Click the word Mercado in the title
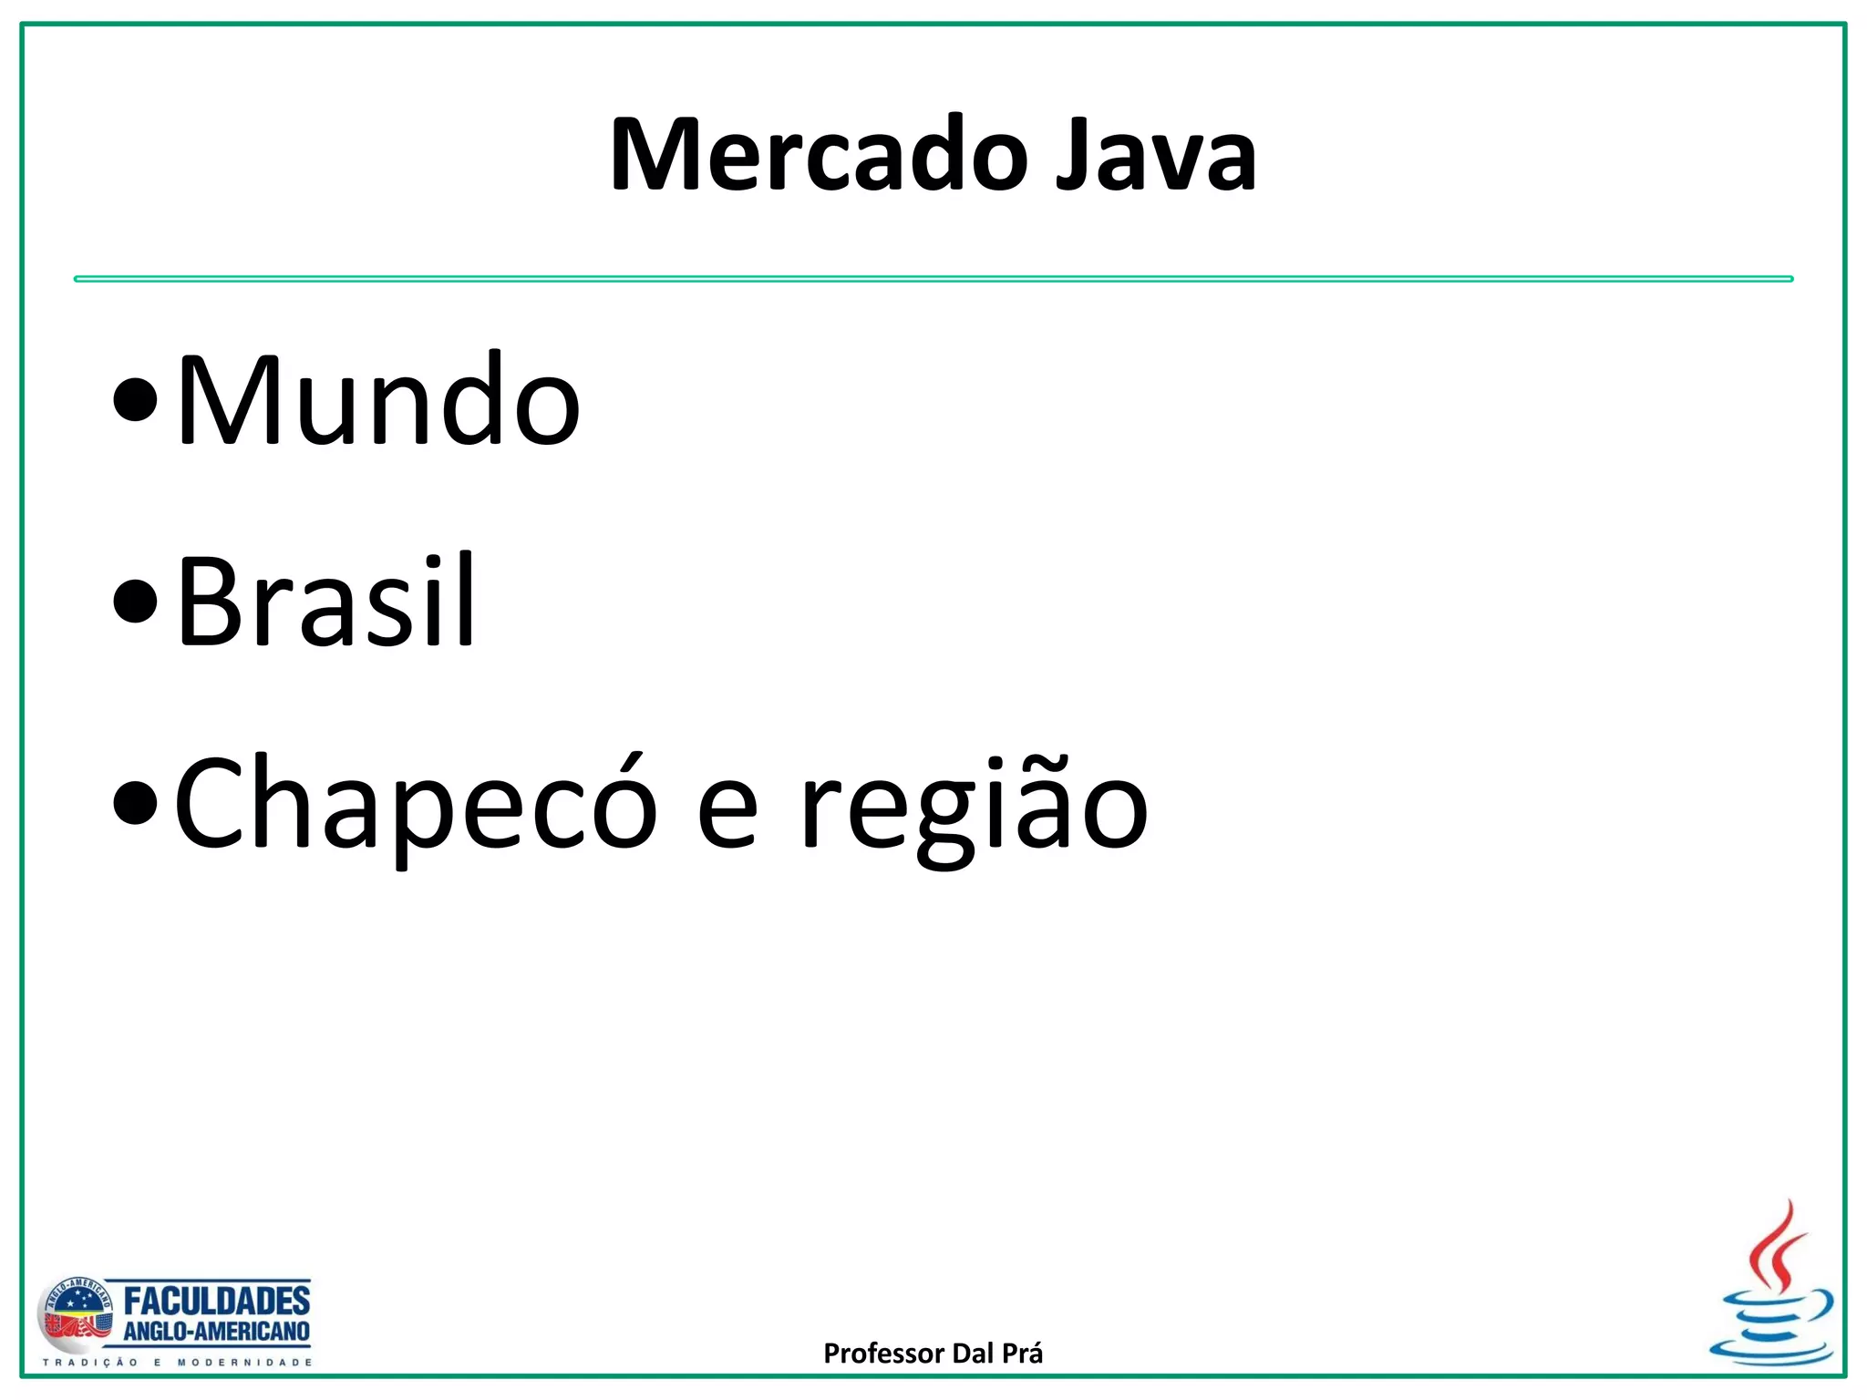click(x=819, y=155)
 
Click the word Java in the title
click(x=1156, y=155)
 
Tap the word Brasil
click(x=325, y=602)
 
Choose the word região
click(x=973, y=807)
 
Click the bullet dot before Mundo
click(x=136, y=401)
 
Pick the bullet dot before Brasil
click(x=136, y=602)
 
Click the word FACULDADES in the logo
click(x=217, y=1301)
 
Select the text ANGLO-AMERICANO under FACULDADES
click(x=217, y=1332)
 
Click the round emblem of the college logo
click(x=76, y=1316)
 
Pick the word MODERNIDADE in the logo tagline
click(x=244, y=1363)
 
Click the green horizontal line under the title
click(x=933, y=279)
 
